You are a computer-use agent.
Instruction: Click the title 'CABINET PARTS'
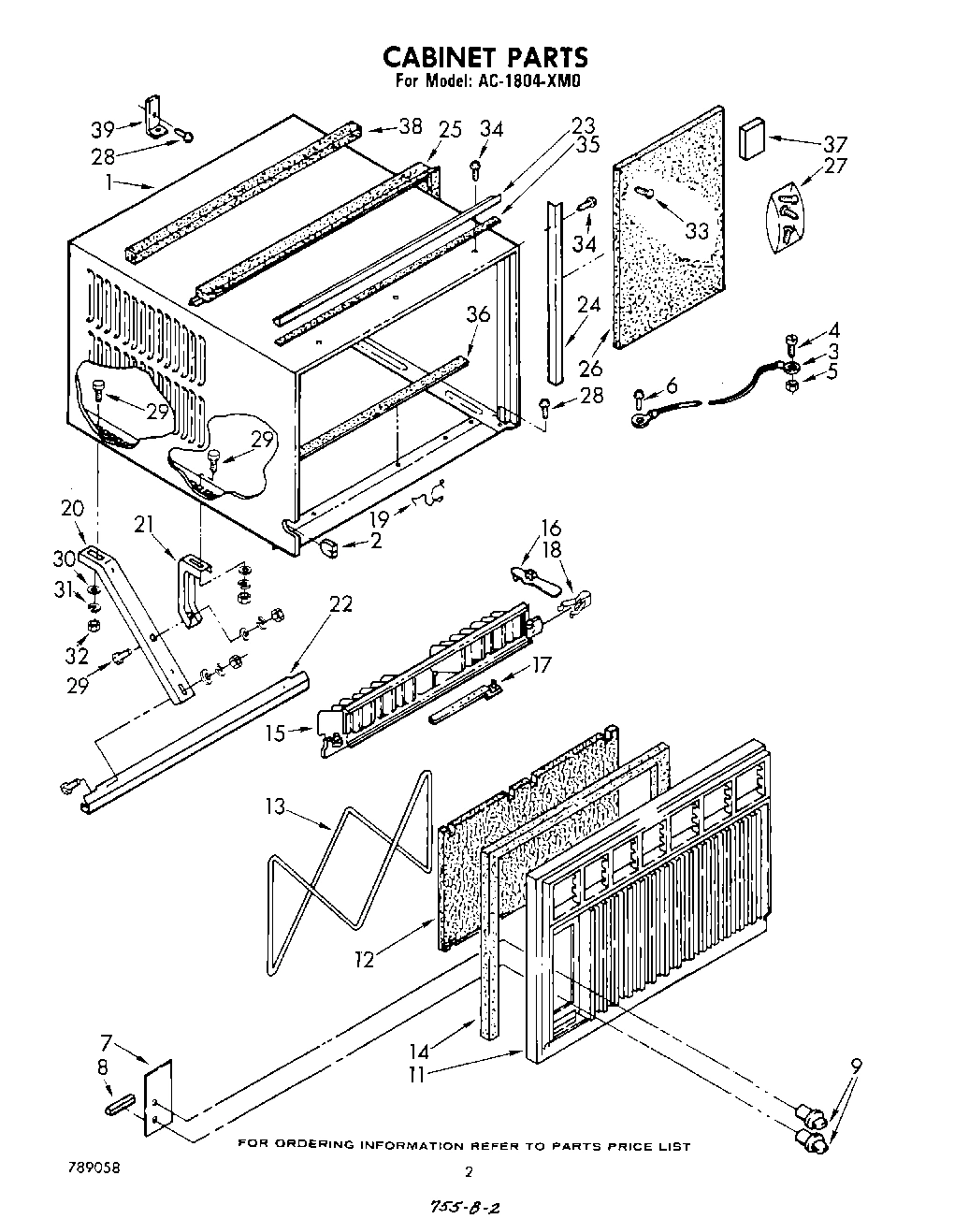point(484,57)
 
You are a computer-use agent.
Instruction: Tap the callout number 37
point(833,144)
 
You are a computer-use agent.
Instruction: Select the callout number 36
point(477,315)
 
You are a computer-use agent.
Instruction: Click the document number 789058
point(93,1168)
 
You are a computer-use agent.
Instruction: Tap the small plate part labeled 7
point(158,1098)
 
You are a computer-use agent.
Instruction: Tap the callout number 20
point(72,509)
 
